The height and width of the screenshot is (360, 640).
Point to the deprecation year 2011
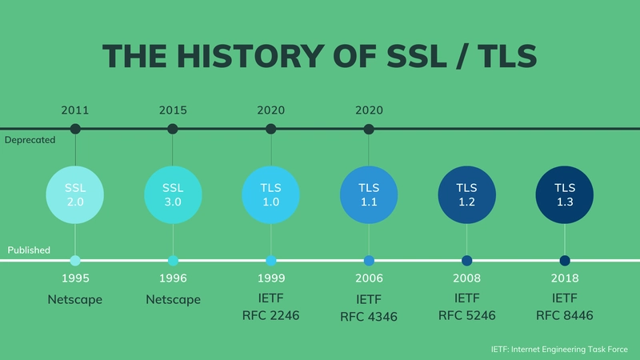tap(75, 110)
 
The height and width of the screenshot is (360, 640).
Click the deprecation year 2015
tap(173, 110)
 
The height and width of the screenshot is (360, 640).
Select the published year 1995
tap(75, 279)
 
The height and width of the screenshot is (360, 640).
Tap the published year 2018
tap(565, 279)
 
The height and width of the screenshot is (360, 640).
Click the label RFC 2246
tap(270, 315)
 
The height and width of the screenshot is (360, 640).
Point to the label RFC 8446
tap(565, 315)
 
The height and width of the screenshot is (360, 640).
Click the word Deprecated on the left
tap(30, 139)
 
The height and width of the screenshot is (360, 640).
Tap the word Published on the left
tap(29, 250)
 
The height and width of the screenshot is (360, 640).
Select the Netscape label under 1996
tap(173, 299)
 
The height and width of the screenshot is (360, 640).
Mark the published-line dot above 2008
tap(466, 260)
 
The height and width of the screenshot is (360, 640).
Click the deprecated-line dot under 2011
tap(75, 129)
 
